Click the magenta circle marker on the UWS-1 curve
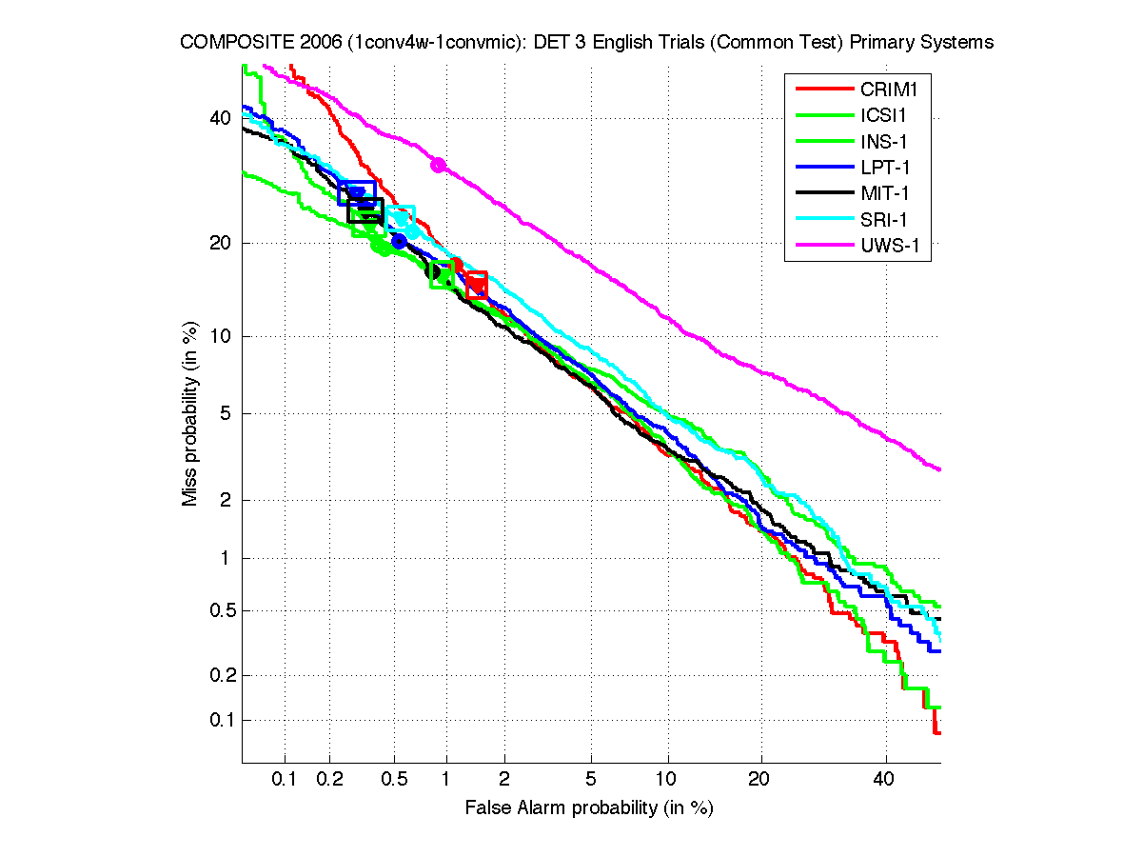(x=438, y=165)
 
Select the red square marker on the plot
(x=477, y=285)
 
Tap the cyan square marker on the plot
(x=401, y=218)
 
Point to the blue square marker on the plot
(x=357, y=193)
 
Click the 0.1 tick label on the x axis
(x=286, y=780)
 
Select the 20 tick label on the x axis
(x=759, y=780)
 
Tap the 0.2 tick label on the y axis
(x=219, y=675)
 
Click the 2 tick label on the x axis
(x=504, y=780)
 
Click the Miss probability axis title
(x=190, y=413)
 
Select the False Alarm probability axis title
(x=589, y=808)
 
